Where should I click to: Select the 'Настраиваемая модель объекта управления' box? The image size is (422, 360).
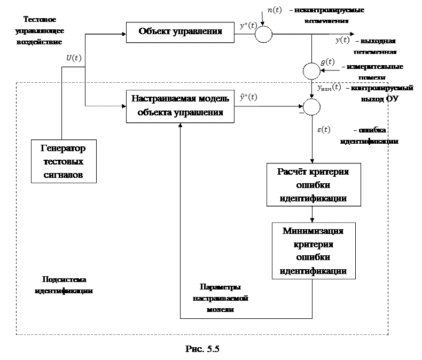pos(180,105)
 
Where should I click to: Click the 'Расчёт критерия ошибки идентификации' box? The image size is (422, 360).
pos(313,185)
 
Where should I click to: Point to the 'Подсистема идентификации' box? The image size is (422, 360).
pos(64,285)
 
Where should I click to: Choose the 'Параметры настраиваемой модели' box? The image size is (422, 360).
pos(220,296)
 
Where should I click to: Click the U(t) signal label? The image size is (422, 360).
pos(71,58)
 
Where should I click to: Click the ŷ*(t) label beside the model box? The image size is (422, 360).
pos(247,97)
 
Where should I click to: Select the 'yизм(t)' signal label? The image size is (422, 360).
pos(329,87)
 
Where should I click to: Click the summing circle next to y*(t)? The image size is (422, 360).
pos(263,35)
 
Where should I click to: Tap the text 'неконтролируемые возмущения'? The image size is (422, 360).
pos(326,14)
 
